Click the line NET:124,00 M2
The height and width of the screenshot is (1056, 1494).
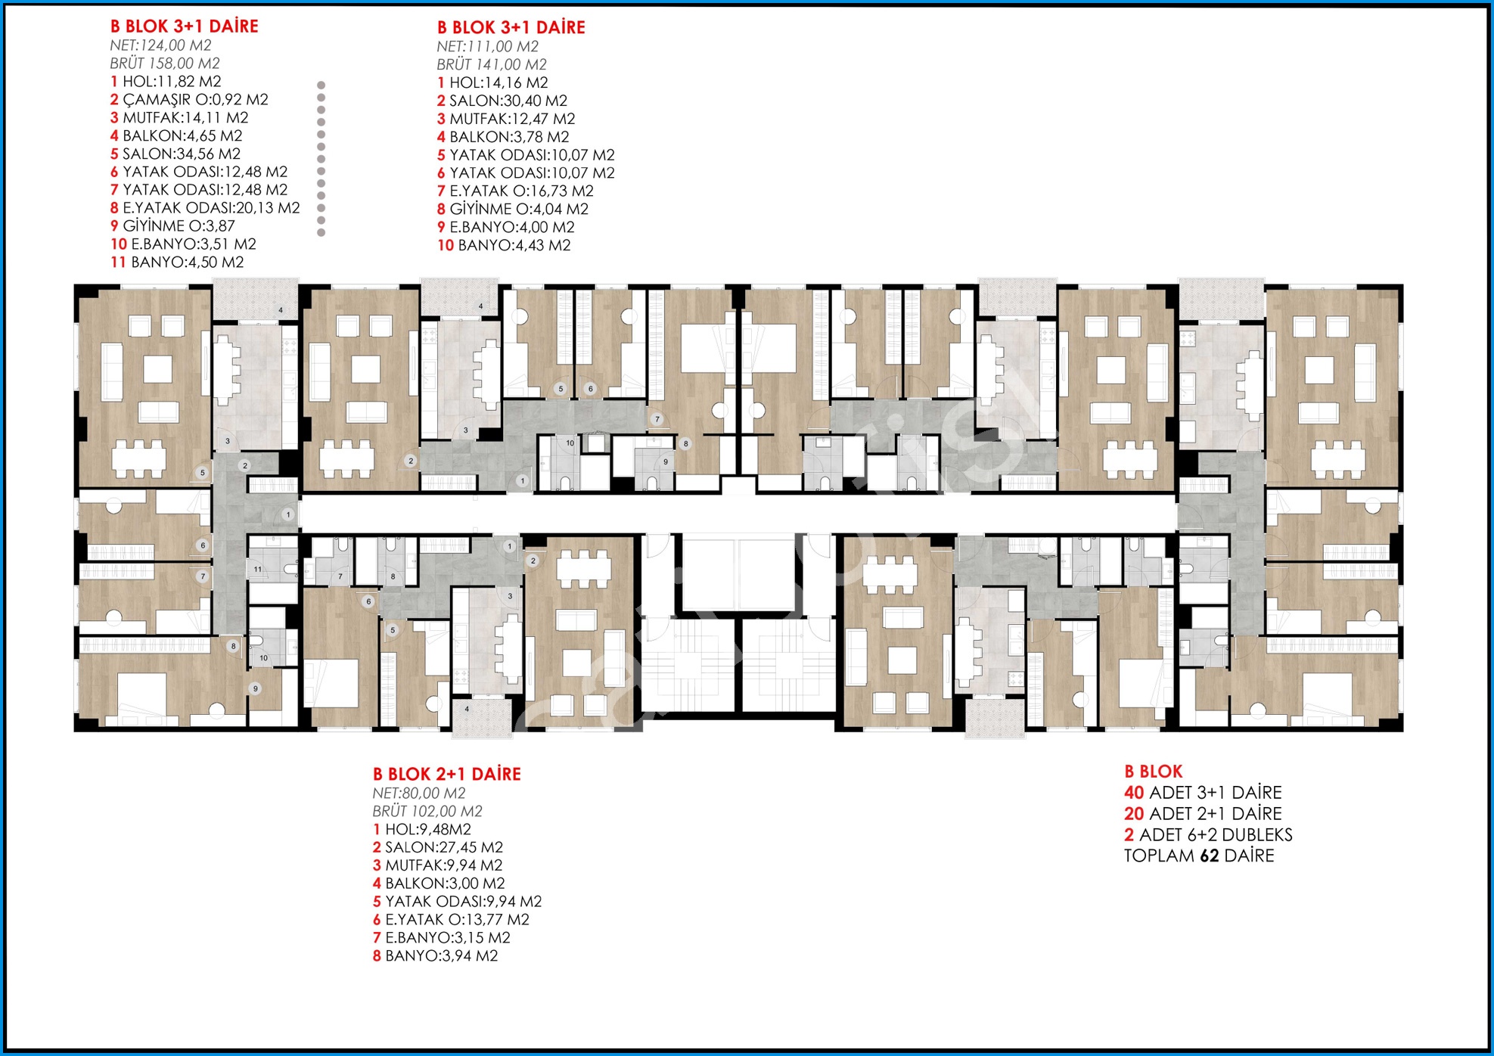coord(160,45)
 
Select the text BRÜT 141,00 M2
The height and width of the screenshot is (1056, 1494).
coord(492,65)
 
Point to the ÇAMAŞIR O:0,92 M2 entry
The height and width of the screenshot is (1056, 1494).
coord(189,100)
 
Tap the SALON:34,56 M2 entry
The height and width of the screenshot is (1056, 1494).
coord(175,154)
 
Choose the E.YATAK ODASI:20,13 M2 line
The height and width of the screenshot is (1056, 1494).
coord(205,208)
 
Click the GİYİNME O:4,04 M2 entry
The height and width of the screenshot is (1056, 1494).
coord(513,209)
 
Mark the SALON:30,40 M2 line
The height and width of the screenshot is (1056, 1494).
coord(502,101)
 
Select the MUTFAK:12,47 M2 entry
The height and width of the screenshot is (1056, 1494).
coord(506,119)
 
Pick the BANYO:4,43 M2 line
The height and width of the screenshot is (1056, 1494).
coord(504,245)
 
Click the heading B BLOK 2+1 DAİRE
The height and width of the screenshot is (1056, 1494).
coord(447,774)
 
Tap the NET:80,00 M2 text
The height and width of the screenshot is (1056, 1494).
coord(419,794)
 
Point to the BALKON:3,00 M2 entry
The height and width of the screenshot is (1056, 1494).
coord(439,884)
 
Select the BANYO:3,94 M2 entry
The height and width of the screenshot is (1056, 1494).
coord(435,956)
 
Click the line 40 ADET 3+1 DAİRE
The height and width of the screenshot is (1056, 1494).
coord(1203,793)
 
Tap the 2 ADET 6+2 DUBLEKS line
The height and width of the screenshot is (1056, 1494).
coord(1208,835)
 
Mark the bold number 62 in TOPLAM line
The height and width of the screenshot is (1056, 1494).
coord(1210,856)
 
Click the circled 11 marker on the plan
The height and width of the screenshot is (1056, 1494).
coord(258,569)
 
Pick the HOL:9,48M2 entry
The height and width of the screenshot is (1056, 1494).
coord(422,830)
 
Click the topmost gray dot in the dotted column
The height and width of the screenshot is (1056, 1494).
coord(321,85)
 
